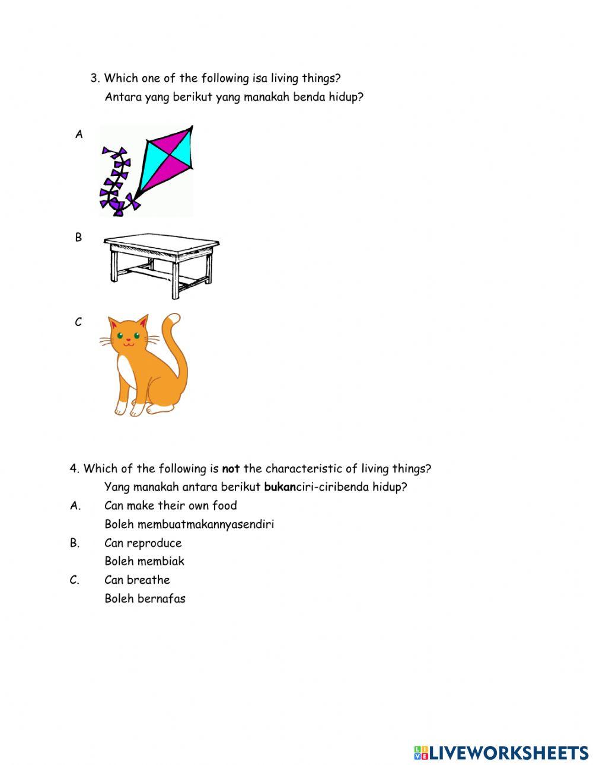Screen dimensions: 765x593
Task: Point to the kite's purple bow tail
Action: coord(116,181)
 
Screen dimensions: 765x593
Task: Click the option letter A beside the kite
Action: coord(79,135)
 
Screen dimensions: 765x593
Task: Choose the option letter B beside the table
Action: coord(78,238)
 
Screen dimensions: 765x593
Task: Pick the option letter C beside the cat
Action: coord(78,322)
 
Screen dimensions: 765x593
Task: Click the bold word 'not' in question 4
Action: coord(231,469)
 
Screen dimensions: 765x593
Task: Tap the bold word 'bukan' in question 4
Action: coord(279,487)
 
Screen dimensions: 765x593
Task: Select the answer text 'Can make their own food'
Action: coord(170,505)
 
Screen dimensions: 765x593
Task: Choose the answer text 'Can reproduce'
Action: coord(143,543)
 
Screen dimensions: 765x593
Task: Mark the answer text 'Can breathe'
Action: coord(137,580)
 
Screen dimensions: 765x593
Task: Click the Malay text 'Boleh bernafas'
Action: coord(145,598)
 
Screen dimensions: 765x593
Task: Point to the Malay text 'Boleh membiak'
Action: coord(144,561)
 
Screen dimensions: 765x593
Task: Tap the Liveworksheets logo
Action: coord(501,753)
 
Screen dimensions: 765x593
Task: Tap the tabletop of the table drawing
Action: coord(161,244)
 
